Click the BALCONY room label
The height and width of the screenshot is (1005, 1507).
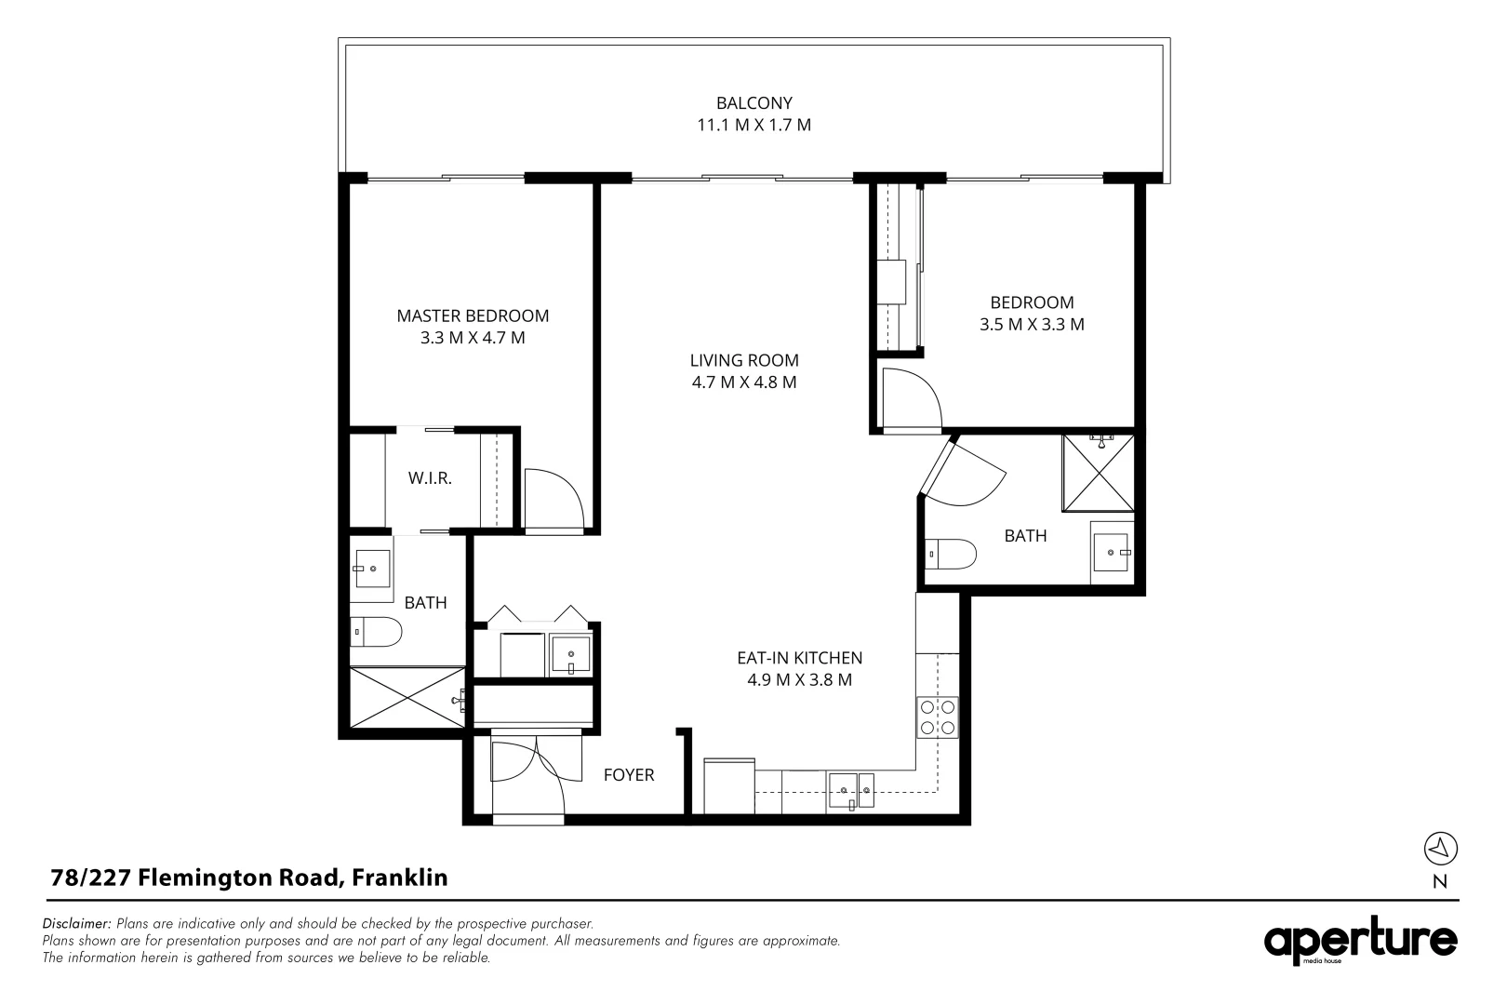753,103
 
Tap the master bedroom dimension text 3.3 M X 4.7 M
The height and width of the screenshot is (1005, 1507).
473,338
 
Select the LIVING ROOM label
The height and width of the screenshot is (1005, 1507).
744,360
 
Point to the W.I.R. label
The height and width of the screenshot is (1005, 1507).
430,478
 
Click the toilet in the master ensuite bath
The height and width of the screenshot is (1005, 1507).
376,633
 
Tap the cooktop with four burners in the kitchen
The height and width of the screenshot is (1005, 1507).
937,717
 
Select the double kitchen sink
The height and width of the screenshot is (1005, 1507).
851,792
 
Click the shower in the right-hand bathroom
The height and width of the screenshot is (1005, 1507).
1099,473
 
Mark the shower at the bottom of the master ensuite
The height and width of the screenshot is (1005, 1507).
407,697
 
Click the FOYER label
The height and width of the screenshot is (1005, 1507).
629,775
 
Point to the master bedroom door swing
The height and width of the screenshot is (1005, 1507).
553,500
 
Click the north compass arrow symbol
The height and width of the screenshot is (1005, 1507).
1440,848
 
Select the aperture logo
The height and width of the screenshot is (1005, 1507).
1360,942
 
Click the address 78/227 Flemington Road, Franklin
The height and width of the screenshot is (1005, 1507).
248,878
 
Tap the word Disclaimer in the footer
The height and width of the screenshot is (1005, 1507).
77,924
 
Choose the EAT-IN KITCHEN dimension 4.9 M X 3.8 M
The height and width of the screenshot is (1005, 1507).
799,680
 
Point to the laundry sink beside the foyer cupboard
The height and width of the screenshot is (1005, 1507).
569,654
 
